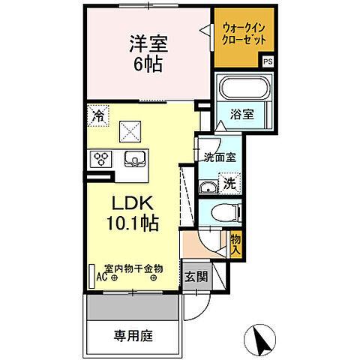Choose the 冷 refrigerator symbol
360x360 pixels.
point(99,115)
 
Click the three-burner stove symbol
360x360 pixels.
point(100,158)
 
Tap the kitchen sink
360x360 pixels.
point(136,158)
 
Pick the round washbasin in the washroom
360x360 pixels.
point(206,187)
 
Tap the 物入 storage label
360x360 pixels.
point(235,243)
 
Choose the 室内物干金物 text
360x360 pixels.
point(133,268)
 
